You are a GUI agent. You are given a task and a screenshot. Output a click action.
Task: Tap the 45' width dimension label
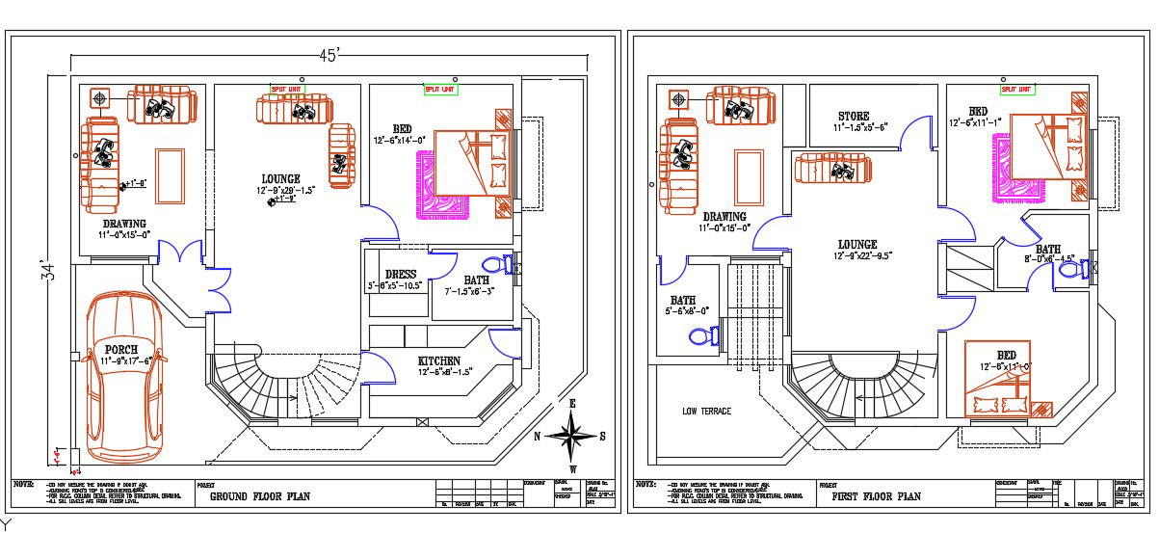tap(329, 56)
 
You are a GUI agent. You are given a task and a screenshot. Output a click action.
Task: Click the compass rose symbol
tap(573, 436)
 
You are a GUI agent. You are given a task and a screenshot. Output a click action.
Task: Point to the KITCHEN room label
tap(439, 361)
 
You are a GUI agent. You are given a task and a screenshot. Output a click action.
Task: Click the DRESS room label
tap(400, 275)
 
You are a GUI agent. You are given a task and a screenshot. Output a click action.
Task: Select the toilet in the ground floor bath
tap(496, 264)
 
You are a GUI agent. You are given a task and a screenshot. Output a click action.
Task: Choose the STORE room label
tap(853, 116)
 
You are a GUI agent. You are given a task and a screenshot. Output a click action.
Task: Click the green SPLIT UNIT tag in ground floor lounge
tap(284, 88)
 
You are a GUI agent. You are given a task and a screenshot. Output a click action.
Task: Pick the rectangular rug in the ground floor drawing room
tap(170, 175)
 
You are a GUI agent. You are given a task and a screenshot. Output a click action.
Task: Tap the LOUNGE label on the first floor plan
tap(856, 245)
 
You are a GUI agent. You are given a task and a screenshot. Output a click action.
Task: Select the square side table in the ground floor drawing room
tap(100, 97)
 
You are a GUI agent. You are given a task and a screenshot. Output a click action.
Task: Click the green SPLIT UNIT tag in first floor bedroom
tap(1015, 89)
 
